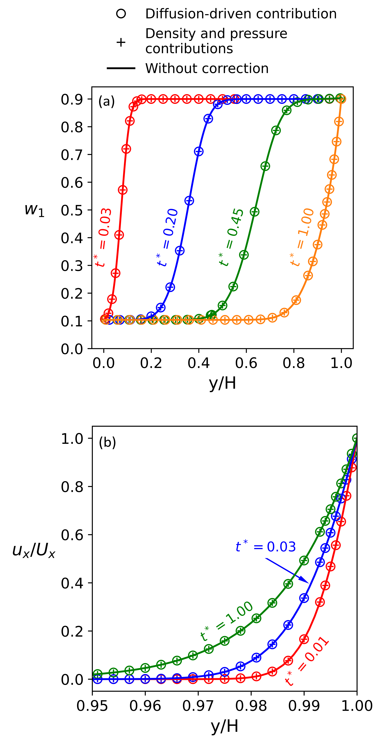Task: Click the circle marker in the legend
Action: (121, 14)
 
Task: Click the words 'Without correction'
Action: (207, 68)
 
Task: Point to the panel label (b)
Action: (107, 442)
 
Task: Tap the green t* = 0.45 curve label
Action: (232, 237)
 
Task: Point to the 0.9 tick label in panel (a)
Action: (72, 99)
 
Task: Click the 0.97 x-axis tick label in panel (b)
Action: (198, 706)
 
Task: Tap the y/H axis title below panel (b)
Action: (224, 726)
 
